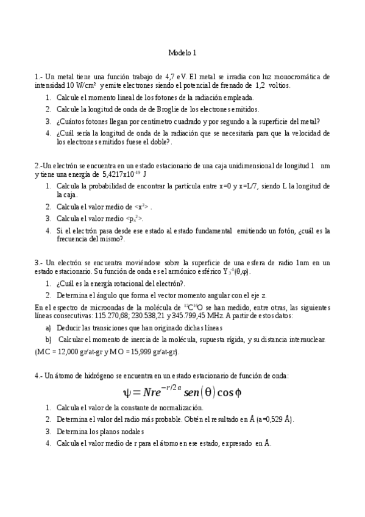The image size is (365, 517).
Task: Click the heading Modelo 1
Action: coord(182,53)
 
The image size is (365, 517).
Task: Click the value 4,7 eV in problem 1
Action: coord(175,77)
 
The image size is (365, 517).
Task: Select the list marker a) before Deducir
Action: coord(49,327)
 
